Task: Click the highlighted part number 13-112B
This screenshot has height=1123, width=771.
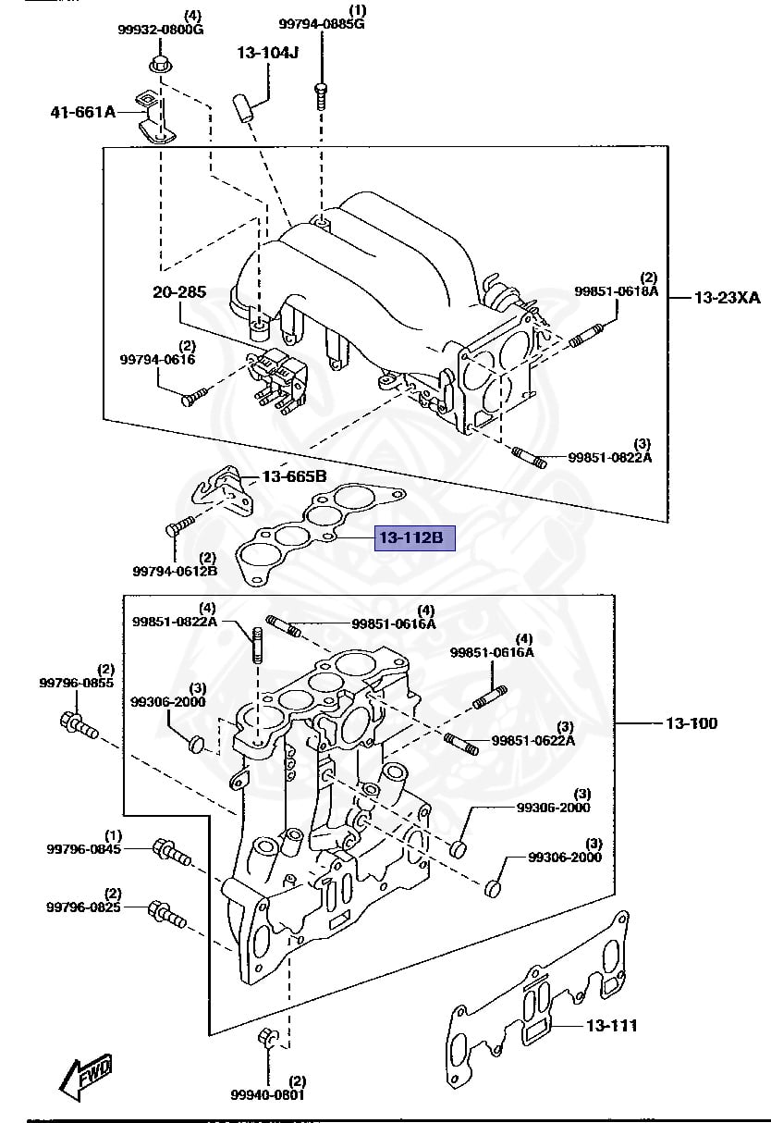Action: (x=414, y=537)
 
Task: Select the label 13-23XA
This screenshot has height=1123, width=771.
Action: (x=727, y=298)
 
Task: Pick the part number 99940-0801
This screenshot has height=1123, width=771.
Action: (x=267, y=1095)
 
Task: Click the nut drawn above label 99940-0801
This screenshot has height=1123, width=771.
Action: (x=265, y=1039)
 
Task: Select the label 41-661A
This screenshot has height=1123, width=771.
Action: (x=83, y=113)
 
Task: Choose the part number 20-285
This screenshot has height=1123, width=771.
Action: (x=179, y=292)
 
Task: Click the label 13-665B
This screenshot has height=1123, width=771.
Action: (x=294, y=476)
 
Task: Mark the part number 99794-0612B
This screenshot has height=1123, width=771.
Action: (x=175, y=570)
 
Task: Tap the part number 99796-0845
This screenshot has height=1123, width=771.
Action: (x=84, y=848)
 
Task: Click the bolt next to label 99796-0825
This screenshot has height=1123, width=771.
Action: (x=166, y=915)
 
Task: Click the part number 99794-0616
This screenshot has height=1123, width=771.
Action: (x=157, y=359)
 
